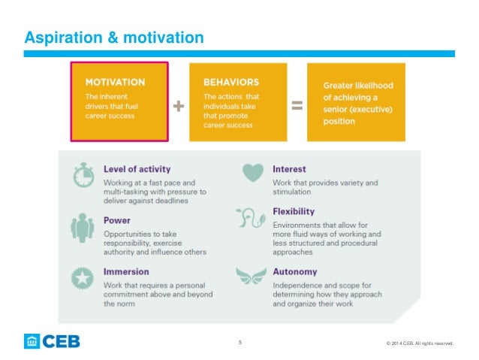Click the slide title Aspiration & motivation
click(x=113, y=37)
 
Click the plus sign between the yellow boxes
click(x=179, y=107)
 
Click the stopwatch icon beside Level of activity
click(x=83, y=174)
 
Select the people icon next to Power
click(x=83, y=225)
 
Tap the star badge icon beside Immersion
click(x=83, y=276)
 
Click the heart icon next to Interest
click(x=253, y=174)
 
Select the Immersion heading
click(x=126, y=271)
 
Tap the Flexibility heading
click(x=294, y=211)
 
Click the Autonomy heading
click(x=296, y=271)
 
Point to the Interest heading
click(x=290, y=170)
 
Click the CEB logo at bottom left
click(x=52, y=341)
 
